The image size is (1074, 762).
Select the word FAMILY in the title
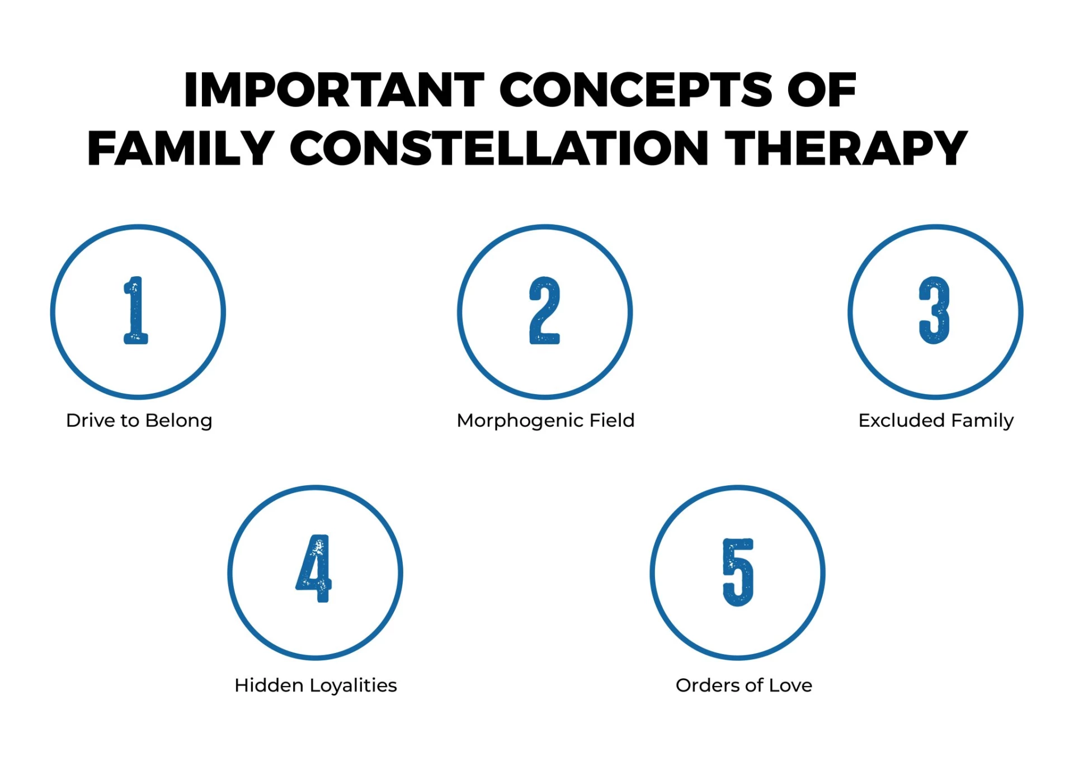click(x=180, y=148)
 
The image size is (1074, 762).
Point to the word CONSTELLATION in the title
click(x=500, y=148)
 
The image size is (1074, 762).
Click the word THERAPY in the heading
click(x=846, y=148)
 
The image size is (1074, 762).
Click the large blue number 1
click(x=136, y=311)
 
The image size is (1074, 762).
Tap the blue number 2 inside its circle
click(x=544, y=311)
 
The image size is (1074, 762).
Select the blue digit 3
click(x=934, y=311)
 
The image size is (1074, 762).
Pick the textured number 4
click(x=314, y=569)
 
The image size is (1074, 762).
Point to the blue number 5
click(x=738, y=572)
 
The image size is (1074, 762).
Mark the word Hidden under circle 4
click(x=268, y=685)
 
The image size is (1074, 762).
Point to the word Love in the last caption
click(x=790, y=685)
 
